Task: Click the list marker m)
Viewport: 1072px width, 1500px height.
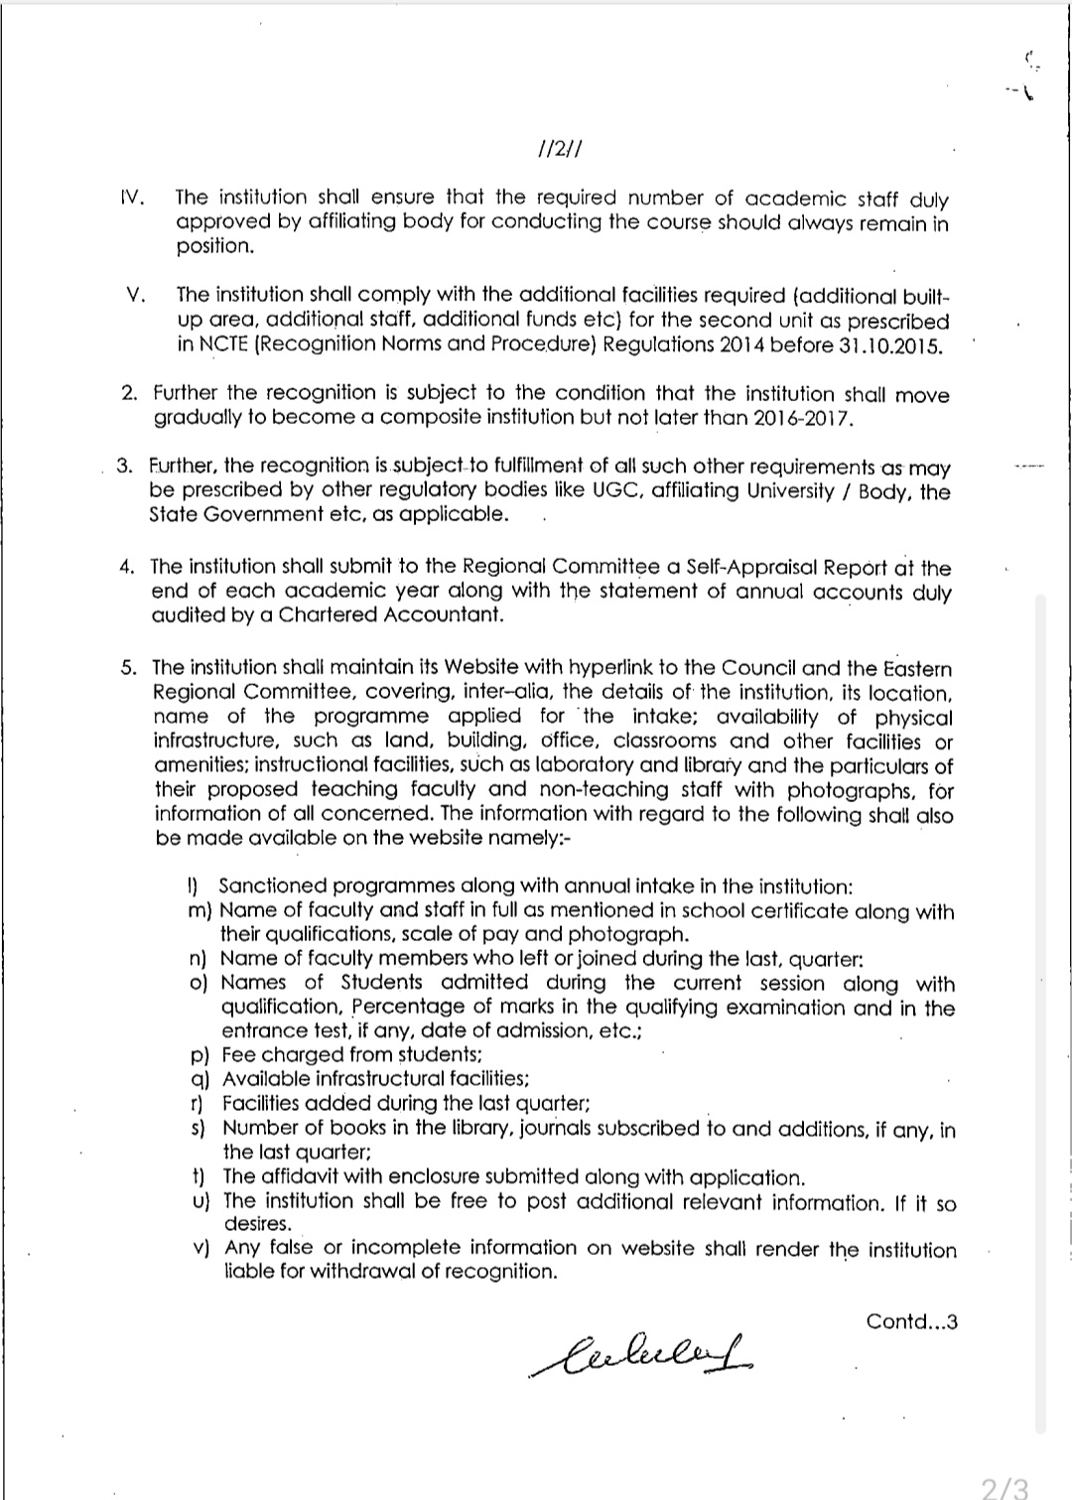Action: (200, 910)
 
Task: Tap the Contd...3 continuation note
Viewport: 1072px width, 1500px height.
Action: (911, 1321)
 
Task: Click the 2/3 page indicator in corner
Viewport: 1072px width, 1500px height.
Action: (1004, 1486)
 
